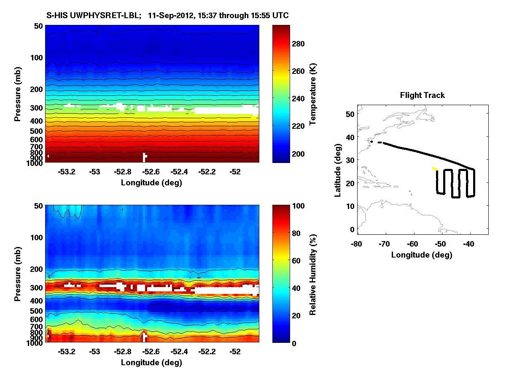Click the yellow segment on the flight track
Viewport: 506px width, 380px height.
click(435, 168)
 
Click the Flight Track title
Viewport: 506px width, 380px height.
click(422, 95)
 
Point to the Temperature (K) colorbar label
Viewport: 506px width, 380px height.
click(313, 94)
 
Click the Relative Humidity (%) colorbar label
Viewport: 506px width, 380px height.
click(313, 274)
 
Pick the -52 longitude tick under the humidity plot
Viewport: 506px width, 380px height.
click(235, 352)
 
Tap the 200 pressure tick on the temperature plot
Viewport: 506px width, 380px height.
click(37, 89)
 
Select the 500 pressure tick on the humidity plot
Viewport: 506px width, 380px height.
click(37, 311)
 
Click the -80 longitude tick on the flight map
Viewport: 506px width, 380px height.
click(357, 244)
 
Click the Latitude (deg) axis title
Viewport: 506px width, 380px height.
click(338, 169)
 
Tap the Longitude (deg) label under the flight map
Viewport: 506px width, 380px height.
click(422, 255)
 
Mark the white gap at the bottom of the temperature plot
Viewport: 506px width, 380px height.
click(145, 157)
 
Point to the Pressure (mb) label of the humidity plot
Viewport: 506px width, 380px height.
click(18, 274)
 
